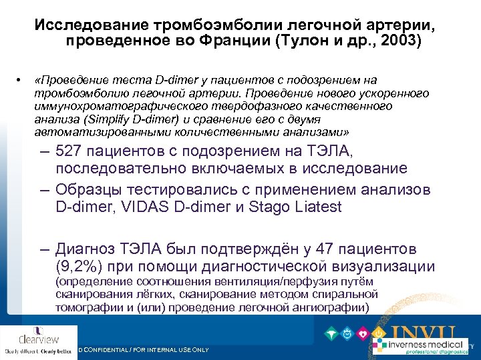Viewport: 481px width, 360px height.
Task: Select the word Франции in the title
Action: click(x=244, y=41)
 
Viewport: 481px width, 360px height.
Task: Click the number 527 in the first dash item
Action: click(x=71, y=150)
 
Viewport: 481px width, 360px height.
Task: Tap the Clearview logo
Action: click(x=38, y=338)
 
